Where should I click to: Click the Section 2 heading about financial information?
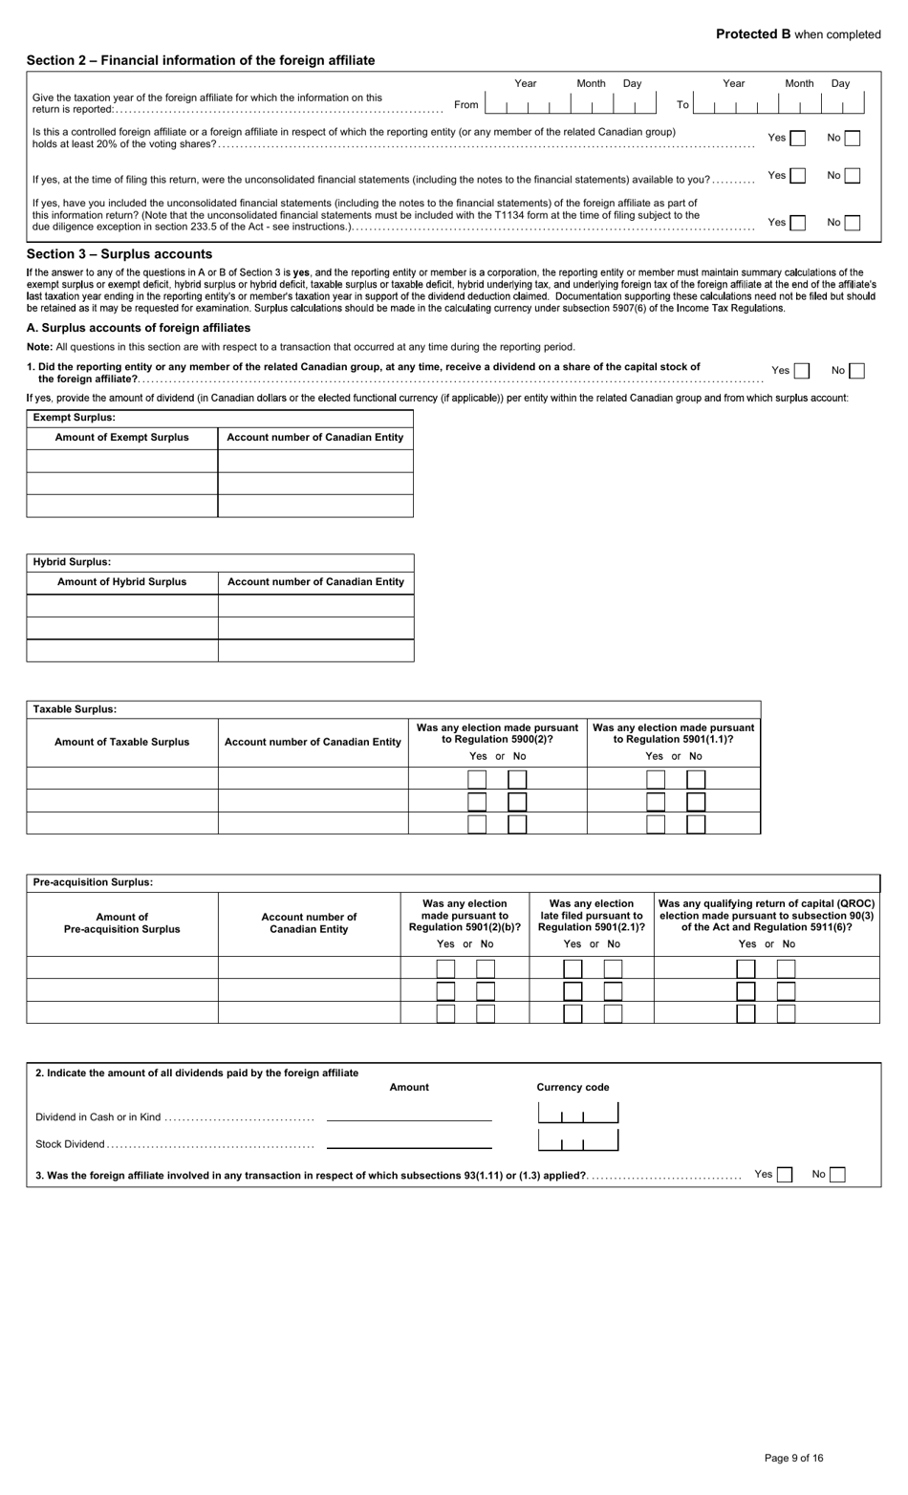tap(201, 60)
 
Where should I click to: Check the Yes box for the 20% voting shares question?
tap(797, 138)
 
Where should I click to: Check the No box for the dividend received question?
tap(856, 371)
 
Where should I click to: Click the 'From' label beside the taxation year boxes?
tap(466, 105)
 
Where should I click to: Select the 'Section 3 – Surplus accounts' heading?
tap(119, 254)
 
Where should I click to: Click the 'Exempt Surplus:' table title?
tap(74, 418)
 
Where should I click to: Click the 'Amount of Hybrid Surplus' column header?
tap(122, 581)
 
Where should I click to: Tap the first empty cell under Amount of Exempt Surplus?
tap(122, 461)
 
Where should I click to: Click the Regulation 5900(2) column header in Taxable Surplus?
tap(497, 734)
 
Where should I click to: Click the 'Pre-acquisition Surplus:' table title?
tap(93, 882)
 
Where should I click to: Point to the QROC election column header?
tap(767, 916)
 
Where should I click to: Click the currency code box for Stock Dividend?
tap(578, 1140)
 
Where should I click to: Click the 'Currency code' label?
tap(573, 1087)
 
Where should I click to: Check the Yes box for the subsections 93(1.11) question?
tap(784, 1175)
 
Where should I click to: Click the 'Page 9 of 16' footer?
tap(793, 1458)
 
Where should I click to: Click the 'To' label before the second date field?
tap(682, 105)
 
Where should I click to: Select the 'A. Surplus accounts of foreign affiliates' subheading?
tap(139, 328)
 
